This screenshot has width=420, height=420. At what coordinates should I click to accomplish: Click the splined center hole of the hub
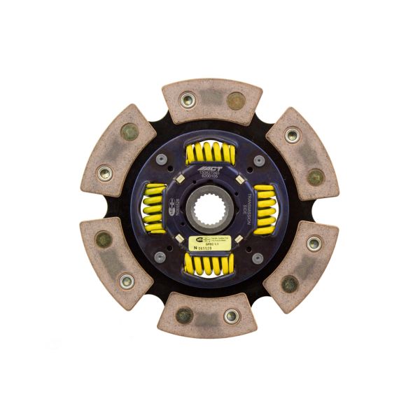209,209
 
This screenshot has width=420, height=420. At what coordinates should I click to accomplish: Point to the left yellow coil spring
155,209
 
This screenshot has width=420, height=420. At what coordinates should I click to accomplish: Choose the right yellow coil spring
265,211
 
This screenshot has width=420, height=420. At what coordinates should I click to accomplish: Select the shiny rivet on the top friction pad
187,100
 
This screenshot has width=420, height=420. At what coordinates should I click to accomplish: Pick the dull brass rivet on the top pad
236,101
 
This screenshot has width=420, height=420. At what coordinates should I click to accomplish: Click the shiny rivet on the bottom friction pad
232,316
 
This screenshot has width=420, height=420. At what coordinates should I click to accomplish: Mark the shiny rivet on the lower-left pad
127,281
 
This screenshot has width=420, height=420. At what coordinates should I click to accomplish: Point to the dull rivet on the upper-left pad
129,132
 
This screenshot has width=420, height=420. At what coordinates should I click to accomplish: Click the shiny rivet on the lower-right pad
314,244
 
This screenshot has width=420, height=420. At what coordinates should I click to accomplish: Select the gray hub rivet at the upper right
258,161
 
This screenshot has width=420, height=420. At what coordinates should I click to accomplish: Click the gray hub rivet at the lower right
258,258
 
